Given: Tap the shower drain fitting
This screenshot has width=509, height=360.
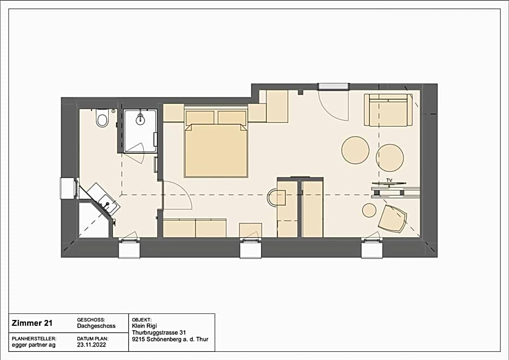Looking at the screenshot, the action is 141,119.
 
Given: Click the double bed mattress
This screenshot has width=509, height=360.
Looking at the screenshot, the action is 216,150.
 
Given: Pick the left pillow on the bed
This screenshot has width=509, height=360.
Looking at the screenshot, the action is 200,117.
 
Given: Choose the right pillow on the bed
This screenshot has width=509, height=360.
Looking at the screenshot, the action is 232,117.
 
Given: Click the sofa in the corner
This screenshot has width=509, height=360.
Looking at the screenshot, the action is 388,110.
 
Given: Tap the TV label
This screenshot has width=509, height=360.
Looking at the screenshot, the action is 389,180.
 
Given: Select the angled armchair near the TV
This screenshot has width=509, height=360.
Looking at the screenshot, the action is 392,219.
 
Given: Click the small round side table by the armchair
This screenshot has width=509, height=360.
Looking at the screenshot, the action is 369,211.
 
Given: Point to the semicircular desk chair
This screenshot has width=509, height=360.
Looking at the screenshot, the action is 276,198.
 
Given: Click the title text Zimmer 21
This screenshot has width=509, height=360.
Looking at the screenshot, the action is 32,323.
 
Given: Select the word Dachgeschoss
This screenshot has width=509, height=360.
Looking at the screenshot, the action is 96,326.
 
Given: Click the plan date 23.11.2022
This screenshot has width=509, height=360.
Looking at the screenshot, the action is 92,345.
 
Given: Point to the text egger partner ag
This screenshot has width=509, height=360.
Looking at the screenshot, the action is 34,345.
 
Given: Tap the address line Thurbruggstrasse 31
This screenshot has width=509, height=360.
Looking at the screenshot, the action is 159,332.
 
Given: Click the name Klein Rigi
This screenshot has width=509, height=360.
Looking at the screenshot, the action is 144,326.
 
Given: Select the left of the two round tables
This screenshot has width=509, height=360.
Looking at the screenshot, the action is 355,150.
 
